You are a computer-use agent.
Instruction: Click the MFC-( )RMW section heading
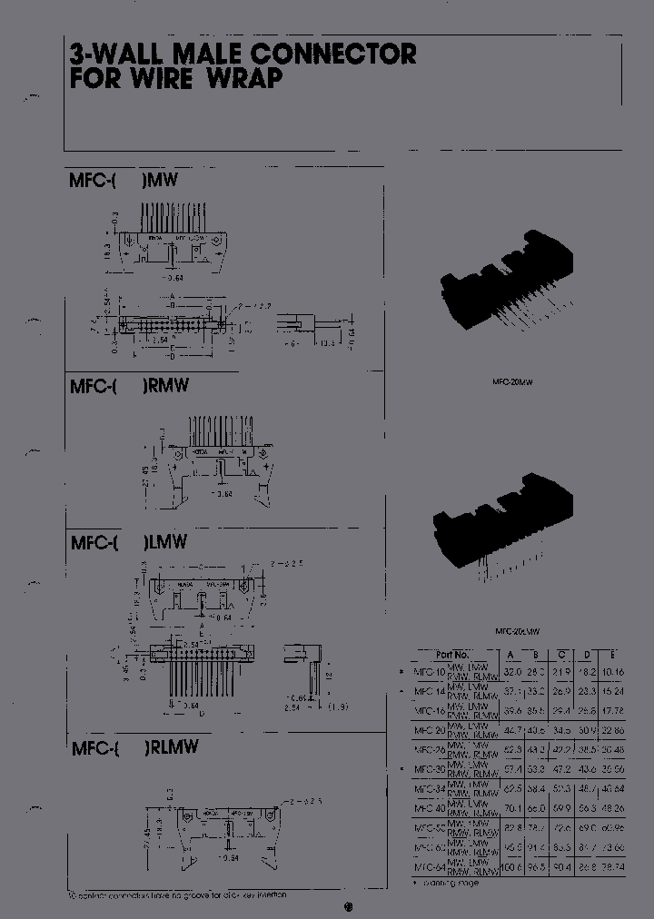[129, 386]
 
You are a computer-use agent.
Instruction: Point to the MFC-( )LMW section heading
[128, 542]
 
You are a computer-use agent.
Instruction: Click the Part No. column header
[452, 655]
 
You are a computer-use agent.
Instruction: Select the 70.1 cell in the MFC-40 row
[512, 807]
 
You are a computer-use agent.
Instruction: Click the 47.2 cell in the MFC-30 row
[562, 768]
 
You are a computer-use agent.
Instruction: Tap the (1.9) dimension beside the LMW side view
[338, 706]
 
